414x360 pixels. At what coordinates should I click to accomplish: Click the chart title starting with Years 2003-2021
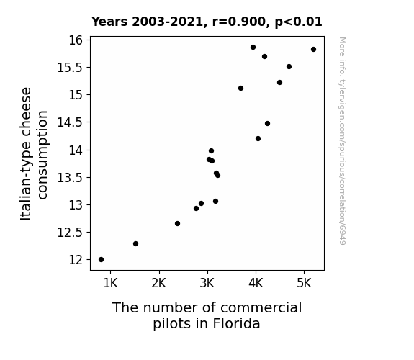point(207,22)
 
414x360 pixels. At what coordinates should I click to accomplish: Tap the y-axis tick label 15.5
point(70,68)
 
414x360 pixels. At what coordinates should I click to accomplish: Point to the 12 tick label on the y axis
point(76,260)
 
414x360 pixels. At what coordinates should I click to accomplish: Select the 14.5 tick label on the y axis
point(70,122)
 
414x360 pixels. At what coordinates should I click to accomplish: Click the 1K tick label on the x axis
point(110,283)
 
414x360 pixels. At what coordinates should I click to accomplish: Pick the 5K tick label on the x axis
point(304,283)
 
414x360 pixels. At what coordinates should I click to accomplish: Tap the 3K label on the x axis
point(207,283)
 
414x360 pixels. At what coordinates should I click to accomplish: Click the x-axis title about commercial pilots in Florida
point(207,315)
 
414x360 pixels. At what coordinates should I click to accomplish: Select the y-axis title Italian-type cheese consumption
point(34,153)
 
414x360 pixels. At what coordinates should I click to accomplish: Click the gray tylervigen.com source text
point(343,141)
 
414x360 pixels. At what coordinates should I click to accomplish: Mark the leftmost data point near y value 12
point(101,260)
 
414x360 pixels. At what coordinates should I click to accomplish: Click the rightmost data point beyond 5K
point(314,50)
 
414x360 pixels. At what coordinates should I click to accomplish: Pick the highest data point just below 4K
point(253,48)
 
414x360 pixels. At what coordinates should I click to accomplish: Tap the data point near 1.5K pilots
point(135,244)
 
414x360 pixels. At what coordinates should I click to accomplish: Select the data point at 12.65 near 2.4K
point(177,224)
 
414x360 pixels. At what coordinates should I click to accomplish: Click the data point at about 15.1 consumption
point(240,89)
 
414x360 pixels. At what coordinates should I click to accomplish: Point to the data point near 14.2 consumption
point(258,139)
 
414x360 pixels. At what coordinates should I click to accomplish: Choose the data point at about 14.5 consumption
point(267,124)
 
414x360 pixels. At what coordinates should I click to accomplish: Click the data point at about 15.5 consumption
point(289,66)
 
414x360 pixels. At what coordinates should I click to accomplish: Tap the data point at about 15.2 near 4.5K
point(280,82)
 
